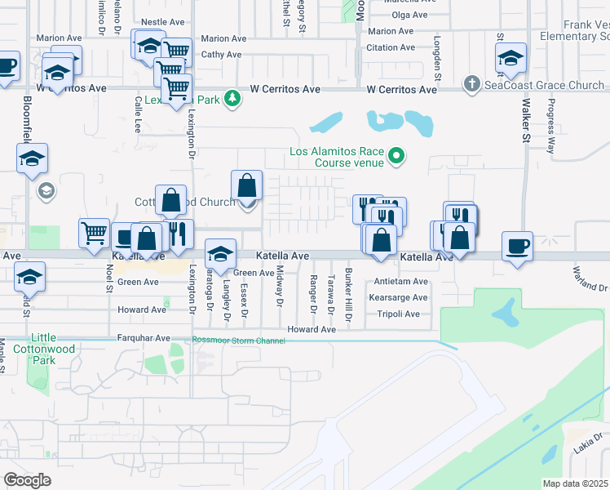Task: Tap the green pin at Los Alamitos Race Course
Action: tap(397, 154)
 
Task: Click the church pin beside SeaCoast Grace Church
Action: tap(471, 84)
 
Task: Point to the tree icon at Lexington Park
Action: tap(233, 99)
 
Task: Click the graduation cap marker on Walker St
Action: tap(511, 59)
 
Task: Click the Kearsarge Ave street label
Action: tap(399, 297)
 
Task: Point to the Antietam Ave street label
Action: tap(400, 281)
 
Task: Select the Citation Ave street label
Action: tap(396, 48)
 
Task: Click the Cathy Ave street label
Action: tap(222, 55)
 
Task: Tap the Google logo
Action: tap(28, 479)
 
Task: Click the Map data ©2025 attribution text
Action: tap(575, 483)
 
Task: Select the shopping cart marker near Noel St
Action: tap(94, 234)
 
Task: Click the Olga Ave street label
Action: tap(409, 15)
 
